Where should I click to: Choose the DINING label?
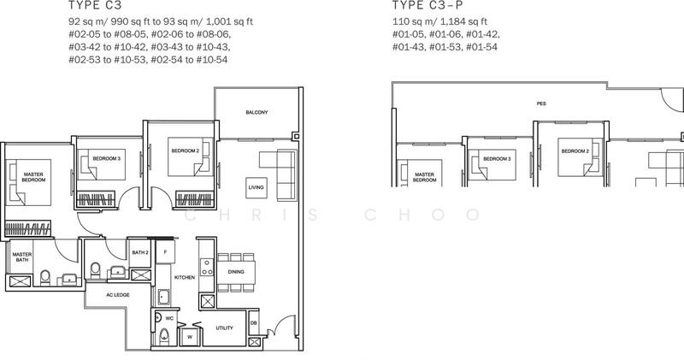click(x=236, y=272)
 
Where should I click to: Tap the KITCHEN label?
click(x=186, y=278)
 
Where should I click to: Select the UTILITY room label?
click(x=225, y=328)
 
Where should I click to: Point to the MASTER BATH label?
click(x=21, y=260)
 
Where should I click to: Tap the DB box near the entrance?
click(x=255, y=322)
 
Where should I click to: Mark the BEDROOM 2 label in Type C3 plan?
click(x=185, y=151)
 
